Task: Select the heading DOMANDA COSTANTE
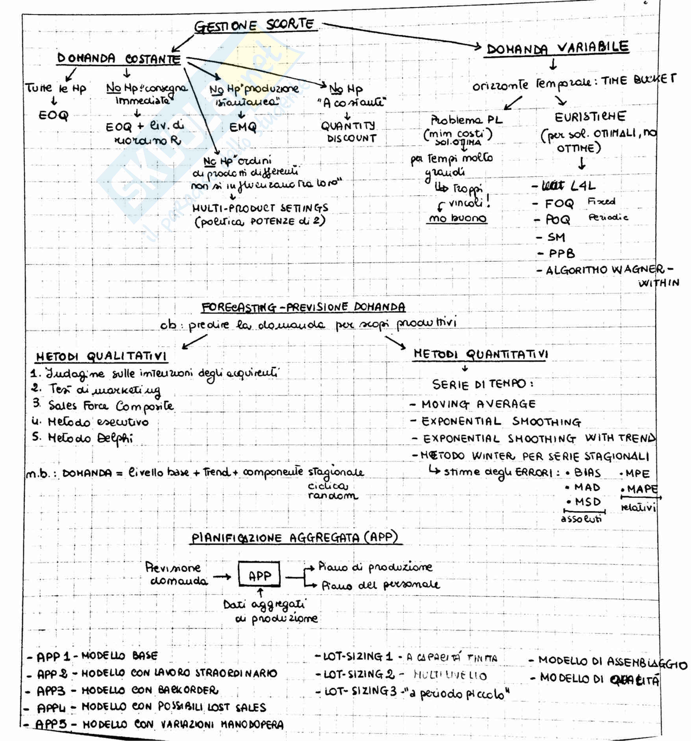[119, 59]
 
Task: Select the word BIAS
[587, 473]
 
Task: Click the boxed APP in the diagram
[259, 576]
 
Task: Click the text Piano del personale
[380, 585]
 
